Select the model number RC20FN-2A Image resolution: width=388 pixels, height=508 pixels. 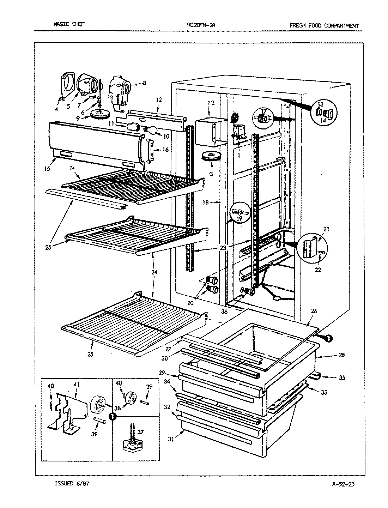click(x=200, y=25)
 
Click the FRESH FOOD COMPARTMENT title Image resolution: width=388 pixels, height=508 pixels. click(x=324, y=25)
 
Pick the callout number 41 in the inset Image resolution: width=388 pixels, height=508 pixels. click(x=77, y=384)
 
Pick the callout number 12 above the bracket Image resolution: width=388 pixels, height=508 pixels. click(x=158, y=100)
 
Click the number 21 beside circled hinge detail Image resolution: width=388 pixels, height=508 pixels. click(x=326, y=229)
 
